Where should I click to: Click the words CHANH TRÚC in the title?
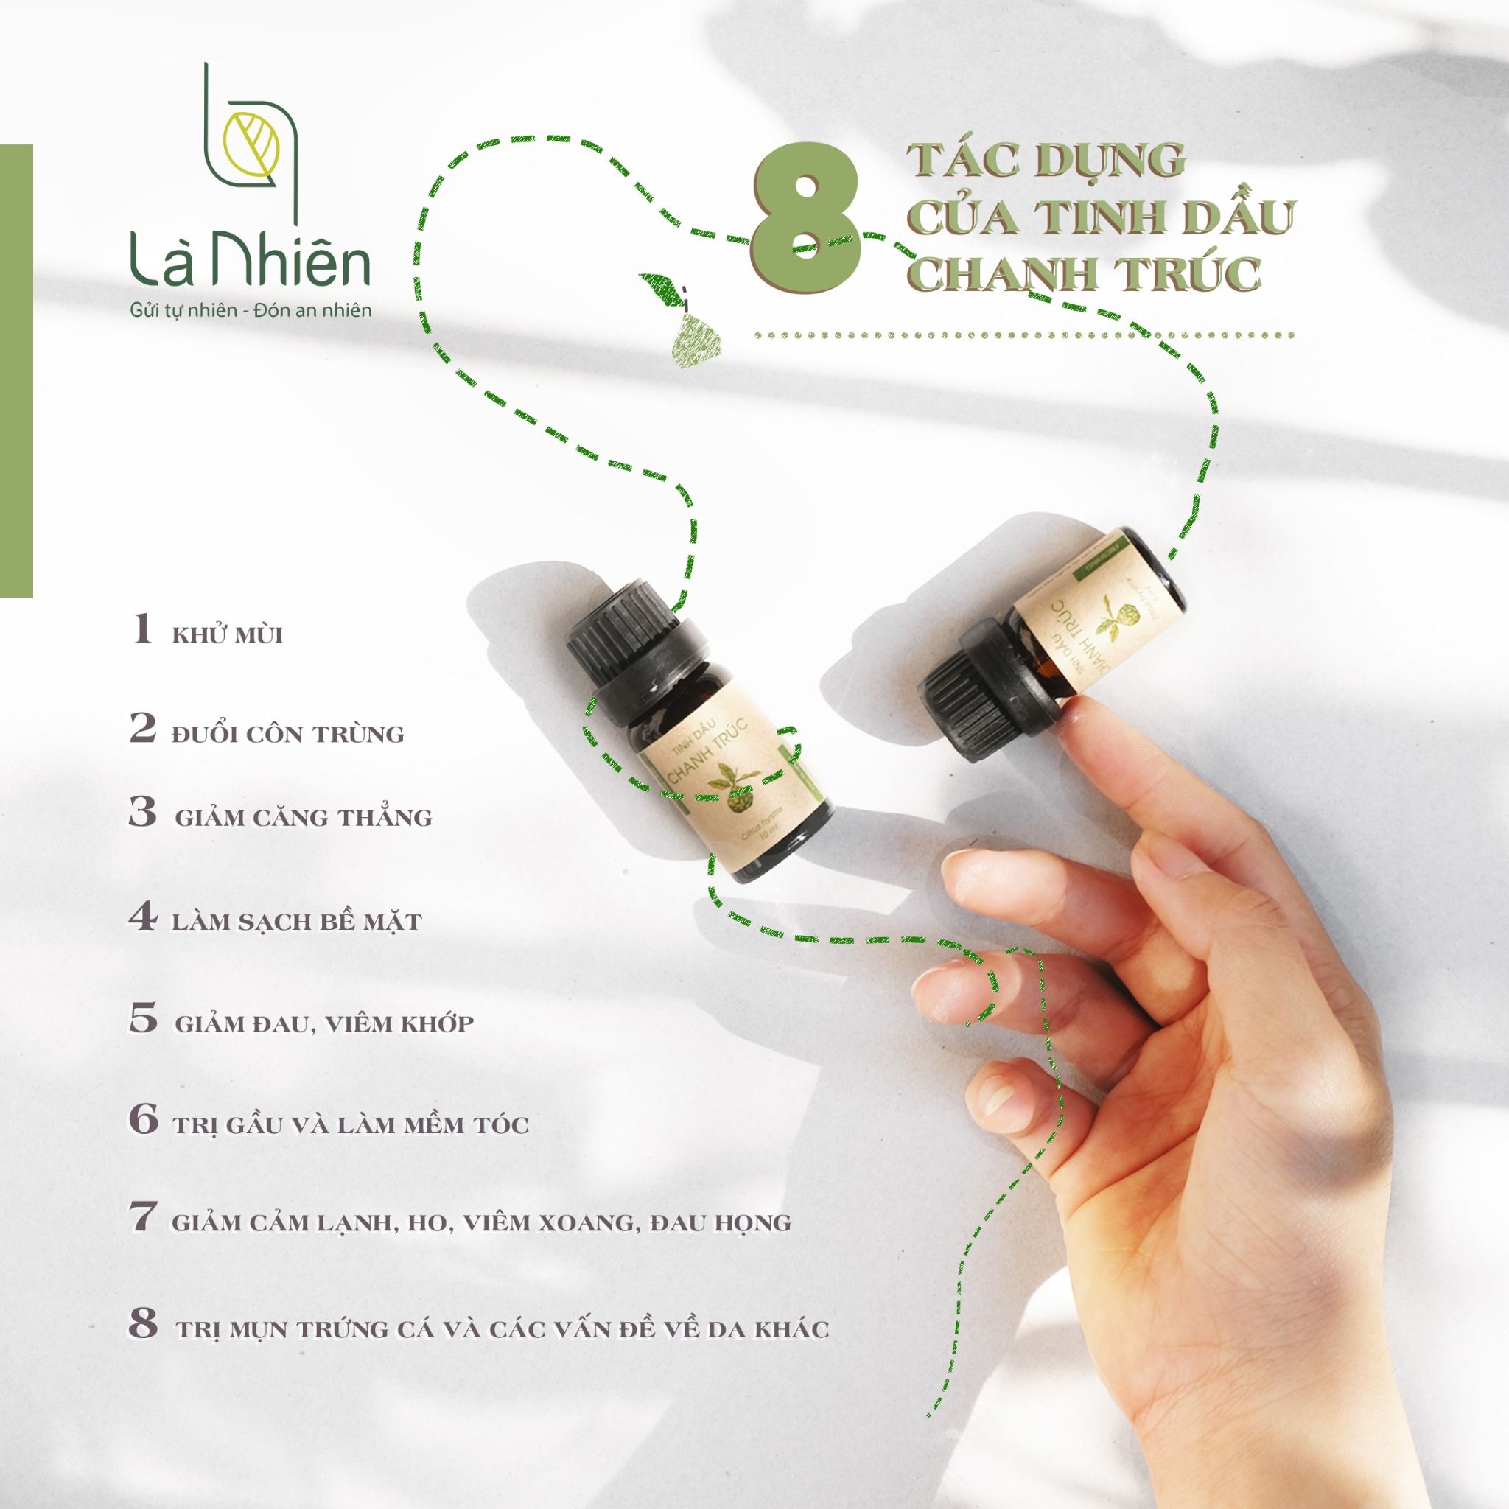coord(1085,273)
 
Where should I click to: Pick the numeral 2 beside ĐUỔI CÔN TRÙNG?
coord(143,729)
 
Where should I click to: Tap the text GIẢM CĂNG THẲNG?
coord(303,818)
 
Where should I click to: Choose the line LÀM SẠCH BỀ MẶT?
coord(297,922)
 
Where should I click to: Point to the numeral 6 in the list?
coord(143,1121)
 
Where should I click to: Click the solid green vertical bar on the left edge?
coord(16,371)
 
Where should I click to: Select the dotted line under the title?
coord(1023,336)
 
